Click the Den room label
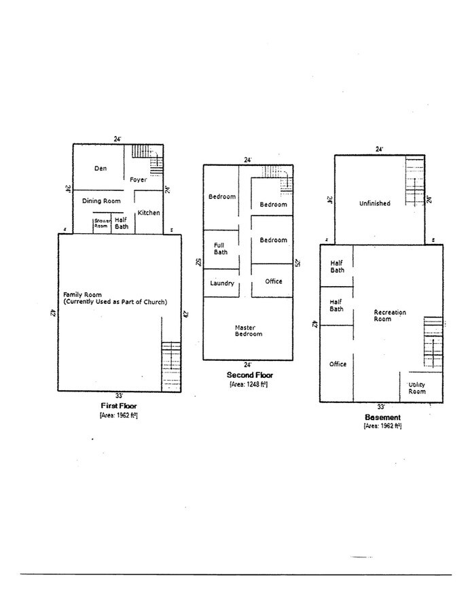click(x=101, y=168)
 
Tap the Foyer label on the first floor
click(x=139, y=179)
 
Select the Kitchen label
click(x=149, y=213)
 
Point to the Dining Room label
click(x=101, y=201)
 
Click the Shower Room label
click(x=102, y=223)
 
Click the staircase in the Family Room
click(x=171, y=366)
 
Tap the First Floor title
click(x=119, y=405)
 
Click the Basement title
click(x=382, y=417)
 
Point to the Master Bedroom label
click(x=248, y=330)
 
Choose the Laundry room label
click(x=222, y=283)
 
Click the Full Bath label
click(x=220, y=248)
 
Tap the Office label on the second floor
click(x=273, y=281)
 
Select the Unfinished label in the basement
click(x=374, y=203)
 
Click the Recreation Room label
click(x=390, y=315)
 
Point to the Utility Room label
click(x=416, y=388)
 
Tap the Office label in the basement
click(x=338, y=364)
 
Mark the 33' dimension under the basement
click(x=381, y=406)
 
